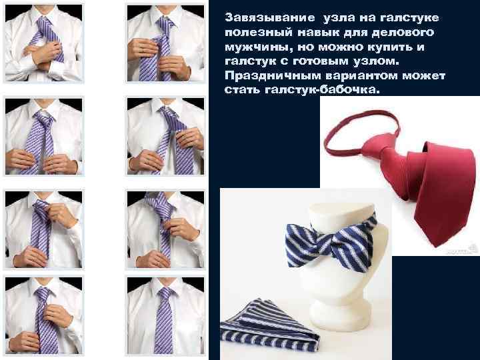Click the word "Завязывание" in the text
270,18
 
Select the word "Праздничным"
273,75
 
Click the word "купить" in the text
383,47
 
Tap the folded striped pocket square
269,325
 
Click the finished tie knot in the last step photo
165,294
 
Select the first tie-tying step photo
44,43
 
